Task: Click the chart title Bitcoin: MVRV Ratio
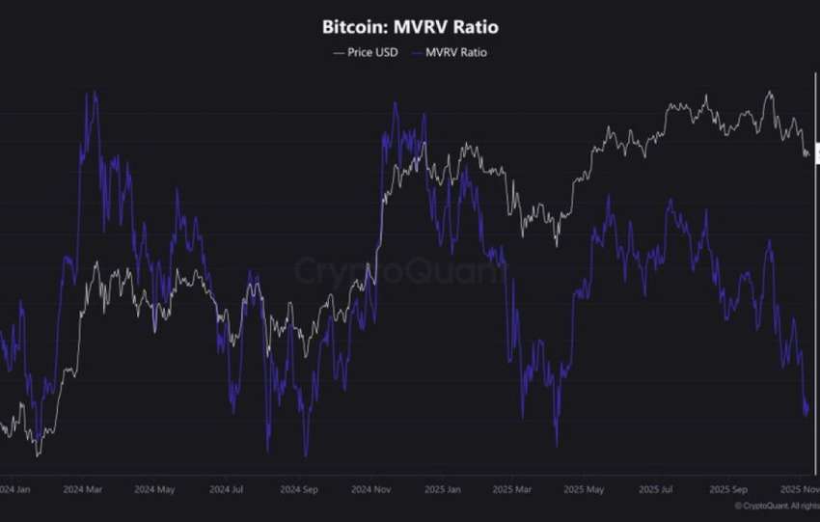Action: pyautogui.click(x=410, y=27)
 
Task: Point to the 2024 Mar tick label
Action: pyautogui.click(x=83, y=489)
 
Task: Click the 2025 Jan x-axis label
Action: pyautogui.click(x=443, y=489)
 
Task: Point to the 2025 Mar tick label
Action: pyautogui.click(x=512, y=489)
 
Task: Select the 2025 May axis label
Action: pyautogui.click(x=585, y=489)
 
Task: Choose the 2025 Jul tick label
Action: pyautogui.click(x=656, y=489)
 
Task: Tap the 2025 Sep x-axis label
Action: pyautogui.click(x=726, y=489)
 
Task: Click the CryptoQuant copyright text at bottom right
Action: pyautogui.click(x=777, y=506)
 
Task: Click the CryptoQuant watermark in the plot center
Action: pyautogui.click(x=398, y=270)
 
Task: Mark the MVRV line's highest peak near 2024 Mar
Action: pyautogui.click(x=90, y=93)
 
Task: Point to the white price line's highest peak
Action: pyautogui.click(x=769, y=92)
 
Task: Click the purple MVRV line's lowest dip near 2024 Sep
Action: pyautogui.click(x=305, y=455)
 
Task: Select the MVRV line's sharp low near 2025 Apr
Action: pyautogui.click(x=557, y=446)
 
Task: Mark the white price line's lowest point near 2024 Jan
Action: pyautogui.click(x=37, y=454)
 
